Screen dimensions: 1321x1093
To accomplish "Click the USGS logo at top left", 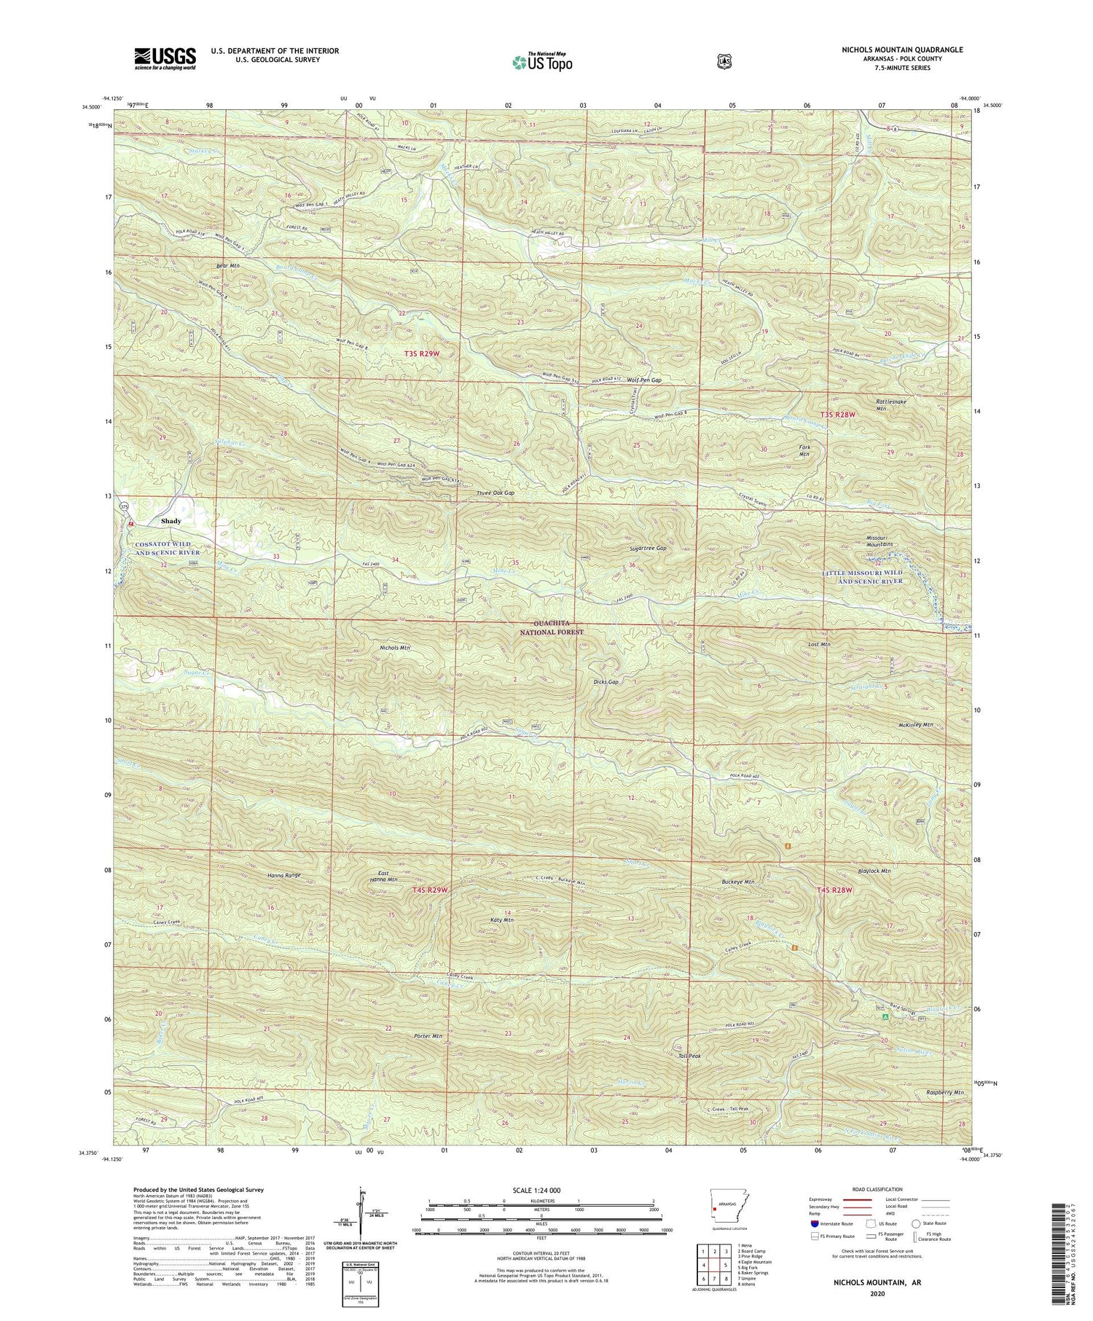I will [x=165, y=58].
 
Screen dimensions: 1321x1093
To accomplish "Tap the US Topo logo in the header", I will [x=542, y=62].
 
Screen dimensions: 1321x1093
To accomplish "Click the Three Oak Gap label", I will [x=495, y=493].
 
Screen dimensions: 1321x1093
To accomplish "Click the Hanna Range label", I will [x=284, y=874].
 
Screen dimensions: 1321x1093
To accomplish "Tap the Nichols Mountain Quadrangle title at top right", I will [x=902, y=50].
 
